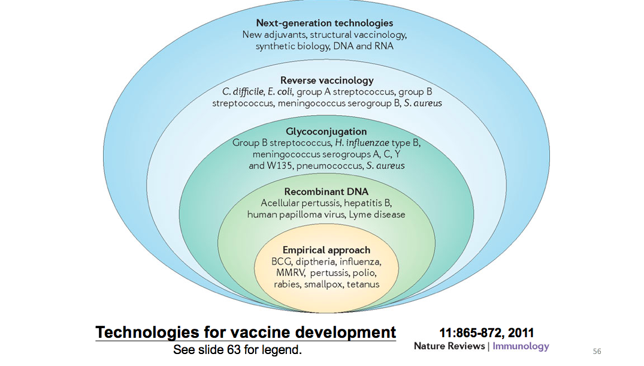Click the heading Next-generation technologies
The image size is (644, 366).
[325, 23]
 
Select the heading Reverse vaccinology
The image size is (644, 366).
[327, 80]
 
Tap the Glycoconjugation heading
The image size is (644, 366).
[326, 131]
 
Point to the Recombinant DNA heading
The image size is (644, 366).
[326, 191]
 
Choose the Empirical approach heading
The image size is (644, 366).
[326, 250]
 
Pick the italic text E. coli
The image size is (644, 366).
[280, 92]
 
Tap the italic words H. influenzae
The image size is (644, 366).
[362, 143]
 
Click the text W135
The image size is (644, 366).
[280, 166]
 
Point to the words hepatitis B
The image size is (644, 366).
[368, 203]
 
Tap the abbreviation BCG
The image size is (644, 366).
[282, 262]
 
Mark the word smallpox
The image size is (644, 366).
[323, 284]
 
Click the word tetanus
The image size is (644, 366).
[363, 284]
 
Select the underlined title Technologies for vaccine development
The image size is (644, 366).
[246, 332]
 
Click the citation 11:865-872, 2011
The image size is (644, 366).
[486, 332]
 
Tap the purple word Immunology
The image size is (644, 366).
[521, 346]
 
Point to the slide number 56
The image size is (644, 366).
[597, 351]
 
